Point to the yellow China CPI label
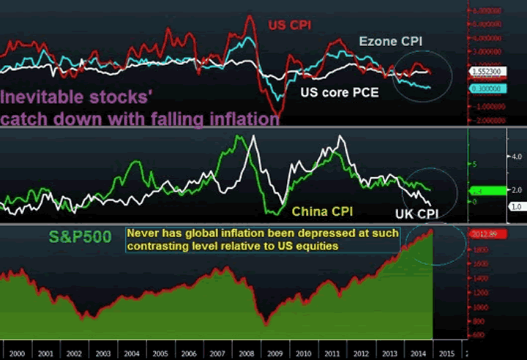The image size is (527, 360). (x=323, y=211)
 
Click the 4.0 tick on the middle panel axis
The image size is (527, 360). (x=515, y=157)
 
